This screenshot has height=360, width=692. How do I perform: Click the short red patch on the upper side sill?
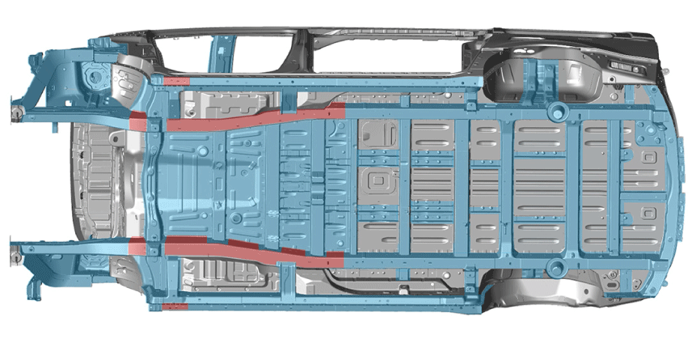(x=175, y=81)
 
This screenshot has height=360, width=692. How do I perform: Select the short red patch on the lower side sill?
(x=175, y=307)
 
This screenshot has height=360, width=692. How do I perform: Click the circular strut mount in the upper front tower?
(x=95, y=77)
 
